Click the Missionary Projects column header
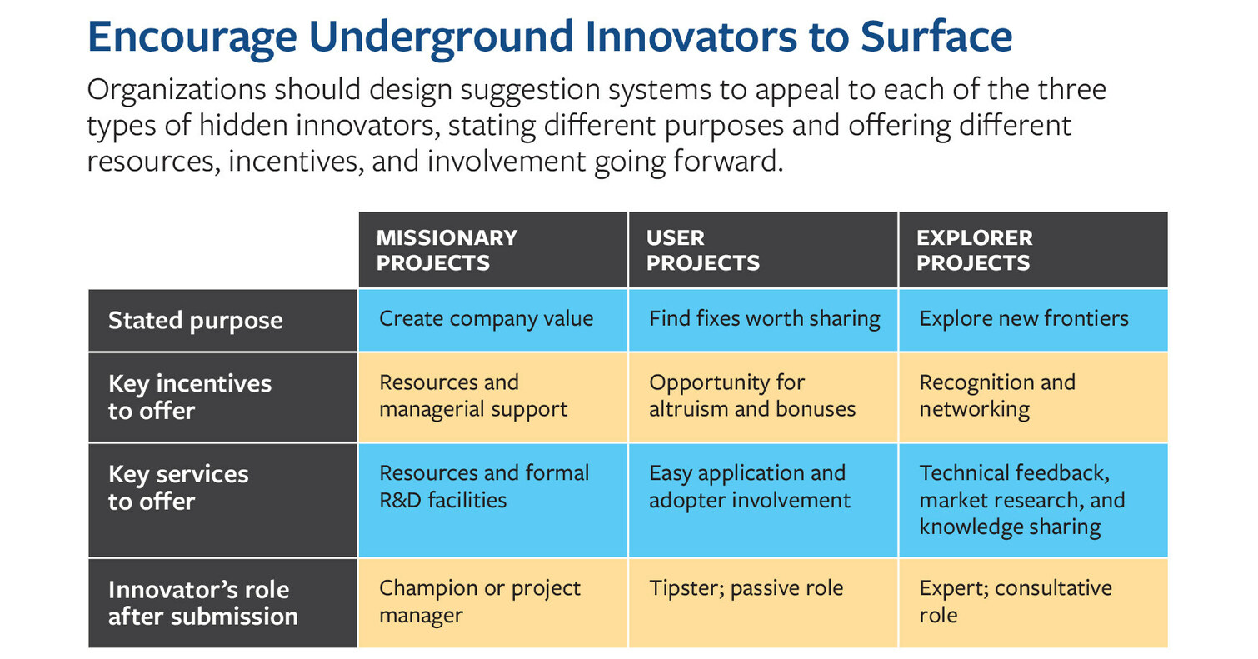pyautogui.click(x=492, y=250)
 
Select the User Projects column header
pyautogui.click(x=762, y=250)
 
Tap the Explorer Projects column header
pyautogui.click(x=1033, y=250)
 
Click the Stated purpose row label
pyautogui.click(x=222, y=321)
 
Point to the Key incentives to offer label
pyautogui.click(x=222, y=397)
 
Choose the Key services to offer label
pyautogui.click(x=222, y=501)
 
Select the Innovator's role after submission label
pyautogui.click(x=222, y=603)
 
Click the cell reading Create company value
pyautogui.click(x=492, y=321)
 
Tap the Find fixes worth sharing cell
pyautogui.click(x=762, y=321)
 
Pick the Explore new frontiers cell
pyautogui.click(x=1033, y=321)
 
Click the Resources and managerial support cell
pyautogui.click(x=492, y=397)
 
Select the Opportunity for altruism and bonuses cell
pyautogui.click(x=762, y=397)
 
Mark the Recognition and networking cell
pyautogui.click(x=1033, y=397)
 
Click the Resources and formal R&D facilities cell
pyautogui.click(x=492, y=501)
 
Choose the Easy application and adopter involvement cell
pyautogui.click(x=762, y=501)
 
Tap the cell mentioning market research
pyautogui.click(x=1033, y=501)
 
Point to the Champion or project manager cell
pyautogui.click(x=492, y=603)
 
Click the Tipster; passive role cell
pyautogui.click(x=762, y=603)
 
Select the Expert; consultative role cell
pyautogui.click(x=1033, y=603)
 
